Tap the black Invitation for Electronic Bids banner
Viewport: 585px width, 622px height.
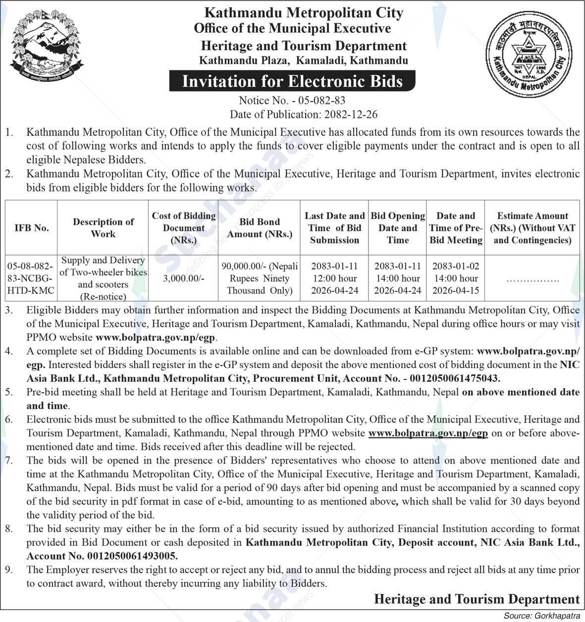(292, 81)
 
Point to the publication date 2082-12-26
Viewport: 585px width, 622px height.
(351, 114)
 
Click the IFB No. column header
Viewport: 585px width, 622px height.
(32, 228)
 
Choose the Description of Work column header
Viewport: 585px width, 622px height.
(103, 228)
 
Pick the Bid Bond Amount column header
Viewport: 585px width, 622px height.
(260, 228)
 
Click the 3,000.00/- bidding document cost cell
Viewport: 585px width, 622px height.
(183, 278)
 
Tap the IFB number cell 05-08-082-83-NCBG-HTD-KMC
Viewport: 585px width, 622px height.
(31, 278)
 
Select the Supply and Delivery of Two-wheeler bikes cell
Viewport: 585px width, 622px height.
(103, 278)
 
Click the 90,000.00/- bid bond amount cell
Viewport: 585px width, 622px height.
(260, 278)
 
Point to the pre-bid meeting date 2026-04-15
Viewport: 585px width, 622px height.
(456, 291)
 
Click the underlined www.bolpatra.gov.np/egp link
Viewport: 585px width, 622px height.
(428, 433)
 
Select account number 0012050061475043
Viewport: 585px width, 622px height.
(452, 378)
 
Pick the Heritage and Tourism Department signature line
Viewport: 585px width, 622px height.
(477, 599)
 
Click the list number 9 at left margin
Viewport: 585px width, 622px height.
(9, 570)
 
